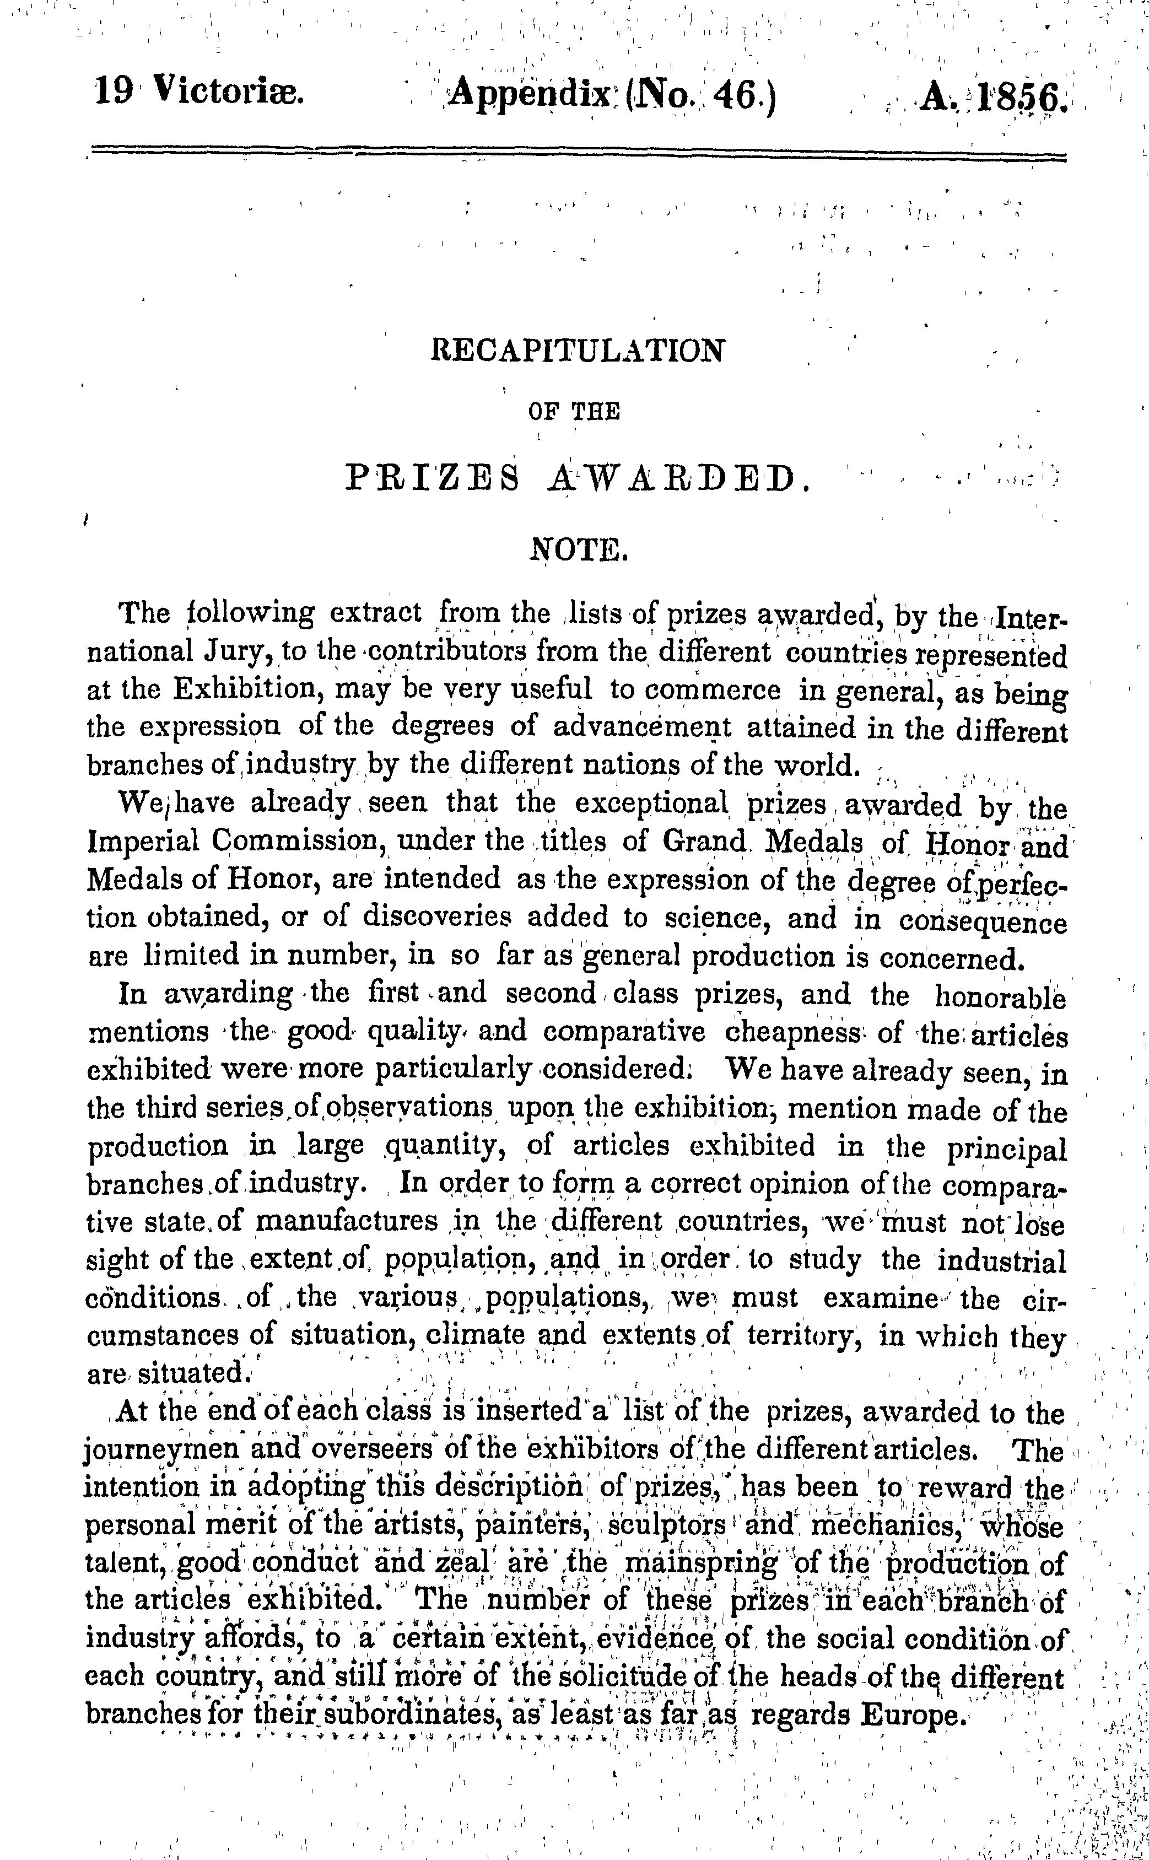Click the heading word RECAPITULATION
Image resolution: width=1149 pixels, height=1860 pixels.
coord(578,351)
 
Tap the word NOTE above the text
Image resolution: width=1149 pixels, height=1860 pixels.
coord(578,548)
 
